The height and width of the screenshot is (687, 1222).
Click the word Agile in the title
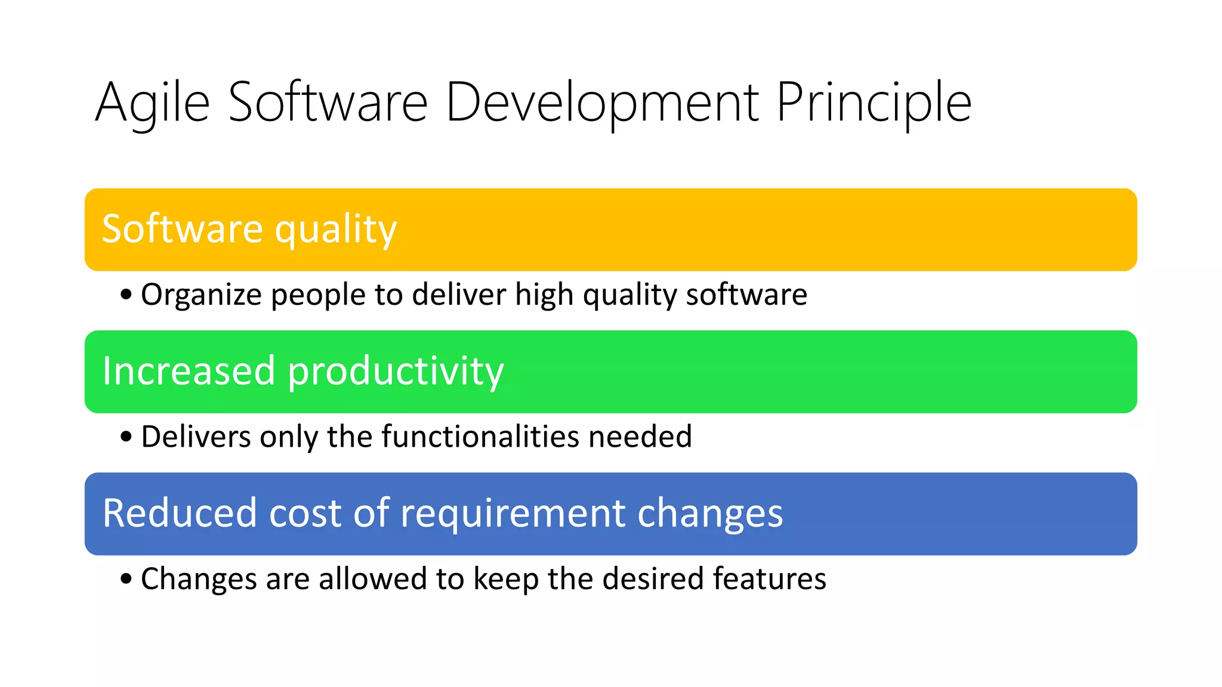pyautogui.click(x=152, y=103)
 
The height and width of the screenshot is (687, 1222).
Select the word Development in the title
pyautogui.click(x=602, y=103)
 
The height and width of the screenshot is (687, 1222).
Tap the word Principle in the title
pyautogui.click(x=874, y=103)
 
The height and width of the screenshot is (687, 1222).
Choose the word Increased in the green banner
pyautogui.click(x=188, y=371)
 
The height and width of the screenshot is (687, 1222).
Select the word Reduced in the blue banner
pyautogui.click(x=179, y=513)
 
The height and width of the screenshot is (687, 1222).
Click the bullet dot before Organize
pyautogui.click(x=125, y=295)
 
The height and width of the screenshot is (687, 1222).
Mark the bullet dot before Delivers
pyautogui.click(x=125, y=437)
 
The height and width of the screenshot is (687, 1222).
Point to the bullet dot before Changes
pyautogui.click(x=125, y=578)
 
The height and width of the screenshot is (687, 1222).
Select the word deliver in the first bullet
pyautogui.click(x=458, y=295)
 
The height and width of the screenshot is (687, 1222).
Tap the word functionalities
pyautogui.click(x=480, y=437)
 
